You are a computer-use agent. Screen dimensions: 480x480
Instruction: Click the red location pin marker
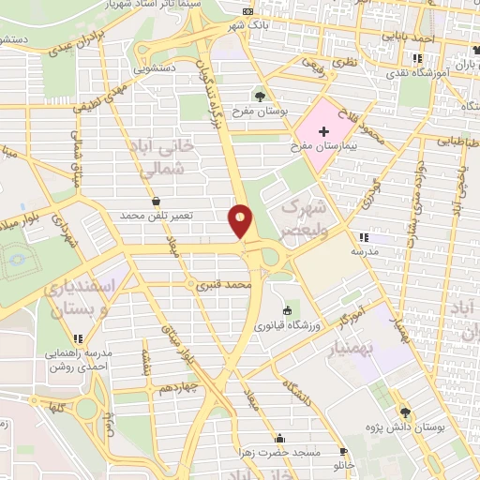[x=241, y=222]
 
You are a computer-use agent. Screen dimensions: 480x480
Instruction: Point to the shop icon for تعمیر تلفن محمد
[x=155, y=201]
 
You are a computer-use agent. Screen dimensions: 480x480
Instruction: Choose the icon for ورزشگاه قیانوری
[x=287, y=311]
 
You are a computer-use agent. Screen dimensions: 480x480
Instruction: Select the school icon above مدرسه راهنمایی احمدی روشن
[x=79, y=337]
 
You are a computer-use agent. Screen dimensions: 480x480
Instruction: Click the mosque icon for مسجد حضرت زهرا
[x=278, y=438]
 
